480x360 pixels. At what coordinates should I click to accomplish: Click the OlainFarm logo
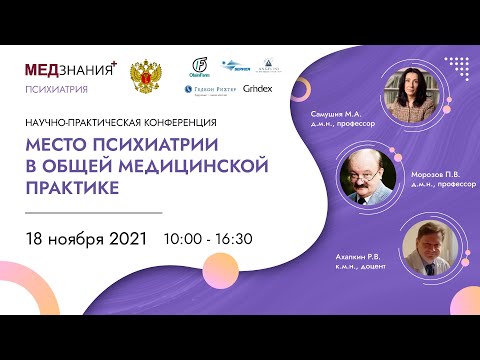pyautogui.click(x=199, y=69)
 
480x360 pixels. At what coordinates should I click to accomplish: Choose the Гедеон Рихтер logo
pyautogui.click(x=208, y=89)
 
